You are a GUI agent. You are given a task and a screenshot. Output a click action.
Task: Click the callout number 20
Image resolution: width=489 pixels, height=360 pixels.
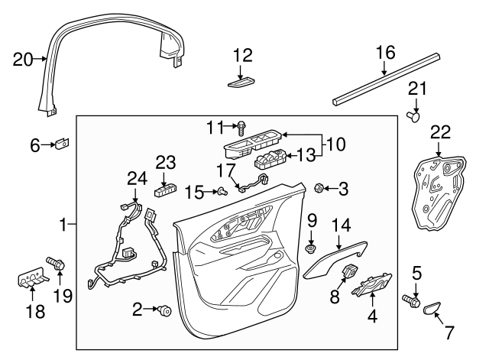tap(23, 57)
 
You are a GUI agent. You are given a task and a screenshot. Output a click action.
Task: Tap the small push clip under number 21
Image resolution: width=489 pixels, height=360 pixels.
tap(415, 117)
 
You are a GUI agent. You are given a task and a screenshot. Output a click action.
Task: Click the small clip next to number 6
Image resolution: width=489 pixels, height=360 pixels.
tap(63, 143)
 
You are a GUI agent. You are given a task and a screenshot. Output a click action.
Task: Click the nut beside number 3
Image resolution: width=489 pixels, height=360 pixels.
tap(321, 186)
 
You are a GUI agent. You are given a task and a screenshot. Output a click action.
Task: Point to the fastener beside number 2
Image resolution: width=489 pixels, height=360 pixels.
tap(163, 310)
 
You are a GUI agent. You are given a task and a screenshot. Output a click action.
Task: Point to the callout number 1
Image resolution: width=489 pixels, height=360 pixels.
tap(63, 225)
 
